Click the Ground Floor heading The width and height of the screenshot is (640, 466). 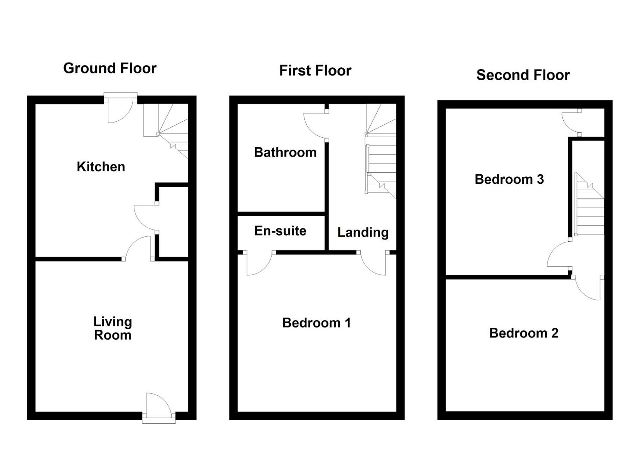pyautogui.click(x=109, y=68)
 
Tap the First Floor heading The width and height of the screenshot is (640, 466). pyautogui.click(x=315, y=70)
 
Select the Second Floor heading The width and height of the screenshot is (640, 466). pyautogui.click(x=523, y=75)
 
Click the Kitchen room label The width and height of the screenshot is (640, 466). pyautogui.click(x=101, y=167)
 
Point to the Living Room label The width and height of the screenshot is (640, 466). pyautogui.click(x=112, y=328)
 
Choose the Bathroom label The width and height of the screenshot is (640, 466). pyautogui.click(x=285, y=152)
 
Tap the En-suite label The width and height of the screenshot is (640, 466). pyautogui.click(x=280, y=231)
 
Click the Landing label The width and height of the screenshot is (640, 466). pyautogui.click(x=362, y=233)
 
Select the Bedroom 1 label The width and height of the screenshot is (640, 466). pyautogui.click(x=316, y=323)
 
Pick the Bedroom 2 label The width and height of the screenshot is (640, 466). pyautogui.click(x=524, y=333)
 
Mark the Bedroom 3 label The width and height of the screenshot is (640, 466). pyautogui.click(x=509, y=179)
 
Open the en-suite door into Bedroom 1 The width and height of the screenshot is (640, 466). pyautogui.click(x=259, y=263)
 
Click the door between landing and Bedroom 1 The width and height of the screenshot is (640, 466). pyautogui.click(x=373, y=263)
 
